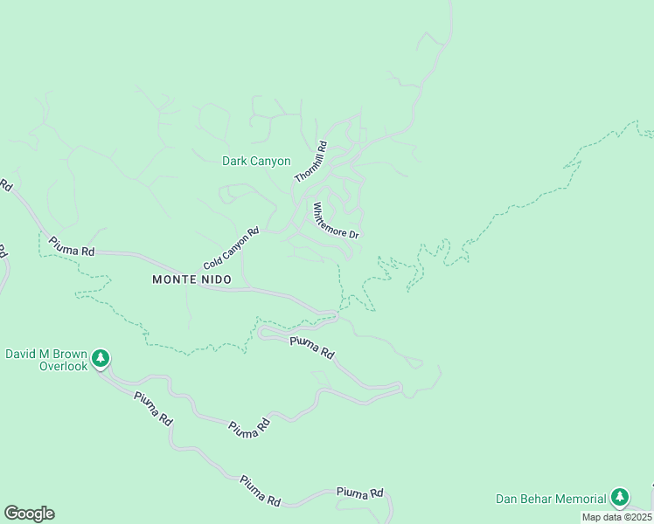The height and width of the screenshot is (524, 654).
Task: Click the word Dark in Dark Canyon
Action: click(x=234, y=162)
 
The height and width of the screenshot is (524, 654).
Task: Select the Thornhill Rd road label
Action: click(x=310, y=162)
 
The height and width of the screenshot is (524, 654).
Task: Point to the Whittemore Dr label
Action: click(x=336, y=222)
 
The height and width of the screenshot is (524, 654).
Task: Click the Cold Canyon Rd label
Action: click(x=232, y=249)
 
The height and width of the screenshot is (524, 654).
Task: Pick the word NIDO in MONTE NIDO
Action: click(x=218, y=279)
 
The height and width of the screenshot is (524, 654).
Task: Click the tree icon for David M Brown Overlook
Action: click(x=101, y=358)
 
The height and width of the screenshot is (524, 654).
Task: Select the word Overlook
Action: click(x=63, y=367)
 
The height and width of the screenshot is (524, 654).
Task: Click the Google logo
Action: click(x=29, y=514)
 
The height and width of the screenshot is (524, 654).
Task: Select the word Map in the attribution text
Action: click(x=592, y=517)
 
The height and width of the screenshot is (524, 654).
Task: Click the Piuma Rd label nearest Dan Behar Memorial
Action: click(x=359, y=493)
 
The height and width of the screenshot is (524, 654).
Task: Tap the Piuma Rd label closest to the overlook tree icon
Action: click(x=153, y=408)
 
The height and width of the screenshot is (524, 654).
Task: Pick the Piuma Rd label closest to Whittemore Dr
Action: click(x=312, y=348)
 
